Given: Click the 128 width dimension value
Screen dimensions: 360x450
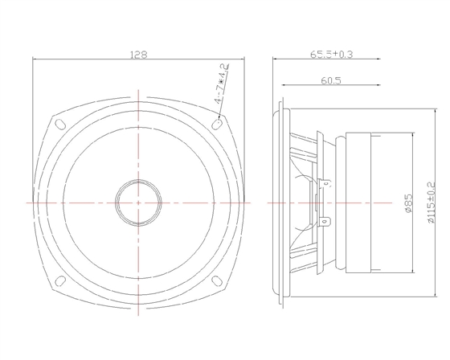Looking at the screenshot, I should pos(139,53).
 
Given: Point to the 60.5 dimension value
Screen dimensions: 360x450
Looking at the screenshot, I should pos(331,80).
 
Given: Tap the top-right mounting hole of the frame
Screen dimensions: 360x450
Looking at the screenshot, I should pos(219,125).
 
